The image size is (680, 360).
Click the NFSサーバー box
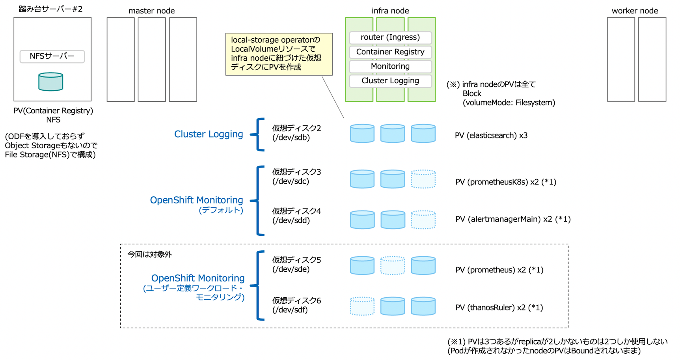click(52, 56)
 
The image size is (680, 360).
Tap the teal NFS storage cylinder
click(50, 82)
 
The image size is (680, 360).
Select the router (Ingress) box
click(390, 37)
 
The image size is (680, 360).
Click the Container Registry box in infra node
click(390, 52)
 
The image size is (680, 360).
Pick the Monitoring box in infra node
click(390, 66)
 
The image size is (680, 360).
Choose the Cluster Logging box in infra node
click(390, 81)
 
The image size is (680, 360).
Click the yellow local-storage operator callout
click(279, 54)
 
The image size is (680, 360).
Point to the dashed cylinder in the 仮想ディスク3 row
click(423, 179)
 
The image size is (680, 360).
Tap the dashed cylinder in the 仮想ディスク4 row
click(423, 220)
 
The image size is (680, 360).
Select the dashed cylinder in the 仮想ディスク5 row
click(393, 265)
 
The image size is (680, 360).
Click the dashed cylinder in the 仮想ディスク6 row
click(362, 306)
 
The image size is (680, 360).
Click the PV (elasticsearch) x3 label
click(491, 136)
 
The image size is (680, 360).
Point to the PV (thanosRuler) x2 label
click(499, 308)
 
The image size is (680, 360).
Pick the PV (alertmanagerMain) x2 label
click(513, 219)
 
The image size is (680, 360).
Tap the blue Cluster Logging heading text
click(209, 134)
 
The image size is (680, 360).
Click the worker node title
click(635, 11)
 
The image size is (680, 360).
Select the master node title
click(151, 11)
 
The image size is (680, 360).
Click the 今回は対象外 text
click(150, 254)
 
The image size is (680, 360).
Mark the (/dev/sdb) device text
click(291, 138)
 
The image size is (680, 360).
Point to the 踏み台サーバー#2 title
click(50, 9)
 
